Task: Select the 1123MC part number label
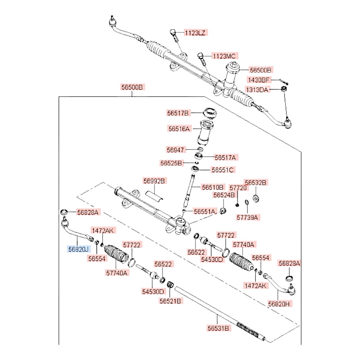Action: coord(224,56)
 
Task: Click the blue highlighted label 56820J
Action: coord(79,249)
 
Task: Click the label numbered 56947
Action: coord(175,149)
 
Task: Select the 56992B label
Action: coord(154,181)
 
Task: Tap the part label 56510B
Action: coord(213,187)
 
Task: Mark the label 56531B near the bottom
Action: coord(218,328)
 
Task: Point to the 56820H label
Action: coord(279,303)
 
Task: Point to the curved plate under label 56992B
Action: coord(154,195)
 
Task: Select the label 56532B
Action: coord(255,183)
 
